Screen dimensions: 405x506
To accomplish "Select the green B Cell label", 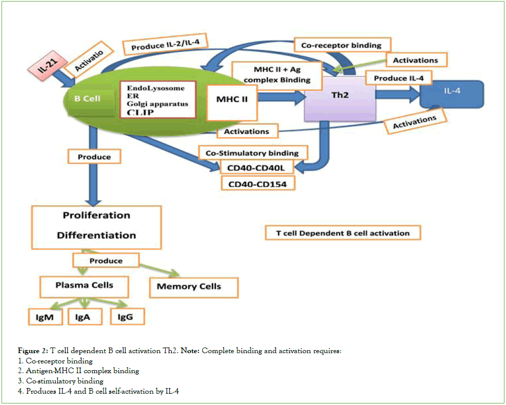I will (88, 98).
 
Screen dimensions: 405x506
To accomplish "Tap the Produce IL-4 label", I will (398, 78).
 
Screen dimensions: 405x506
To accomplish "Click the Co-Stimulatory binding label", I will (252, 153).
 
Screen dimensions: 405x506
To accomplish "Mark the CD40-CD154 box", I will (258, 184).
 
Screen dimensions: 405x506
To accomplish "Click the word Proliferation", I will (96, 215).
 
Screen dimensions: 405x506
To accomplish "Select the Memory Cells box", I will (193, 287).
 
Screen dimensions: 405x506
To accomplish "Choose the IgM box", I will (45, 317).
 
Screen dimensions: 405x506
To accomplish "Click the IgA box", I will (83, 317).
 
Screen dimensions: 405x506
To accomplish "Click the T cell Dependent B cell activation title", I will (342, 233).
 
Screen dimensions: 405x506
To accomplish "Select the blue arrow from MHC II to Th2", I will (279, 99).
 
